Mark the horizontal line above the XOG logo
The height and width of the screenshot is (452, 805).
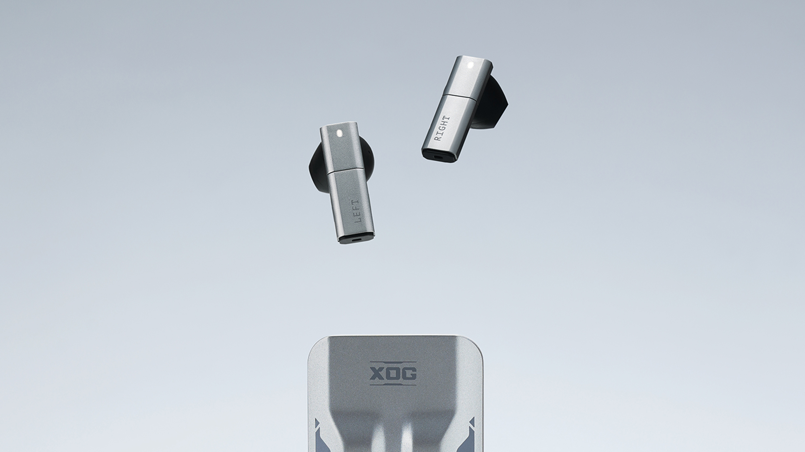pyautogui.click(x=393, y=362)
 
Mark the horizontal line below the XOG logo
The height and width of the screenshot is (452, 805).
pyautogui.click(x=393, y=385)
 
